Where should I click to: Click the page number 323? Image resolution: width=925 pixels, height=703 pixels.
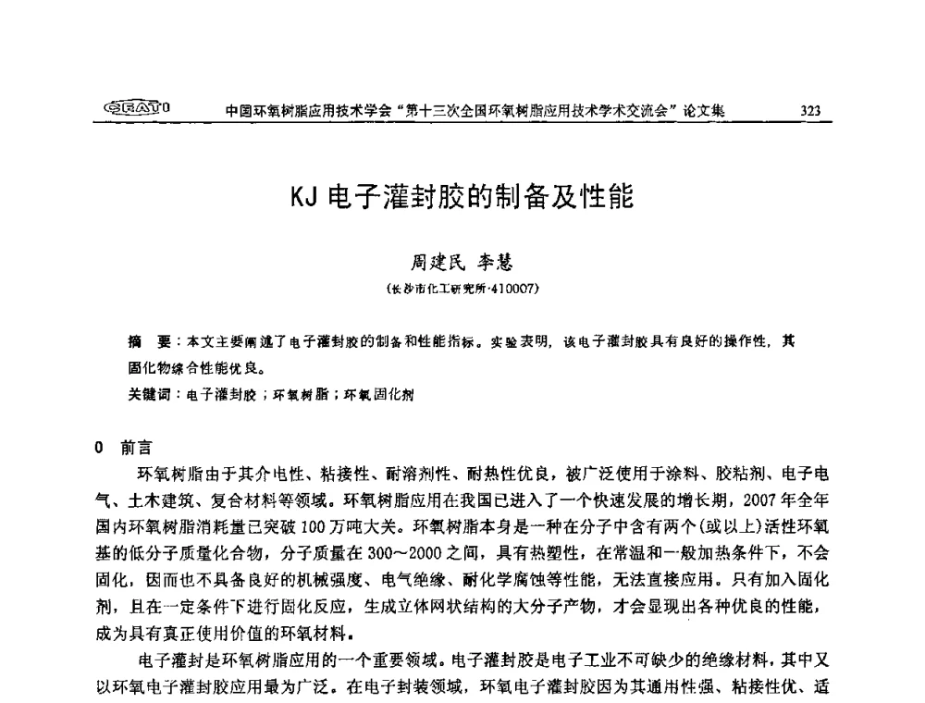[810, 112]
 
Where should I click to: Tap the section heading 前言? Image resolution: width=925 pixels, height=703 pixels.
[135, 448]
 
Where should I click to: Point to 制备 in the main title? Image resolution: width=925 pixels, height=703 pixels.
[515, 199]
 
